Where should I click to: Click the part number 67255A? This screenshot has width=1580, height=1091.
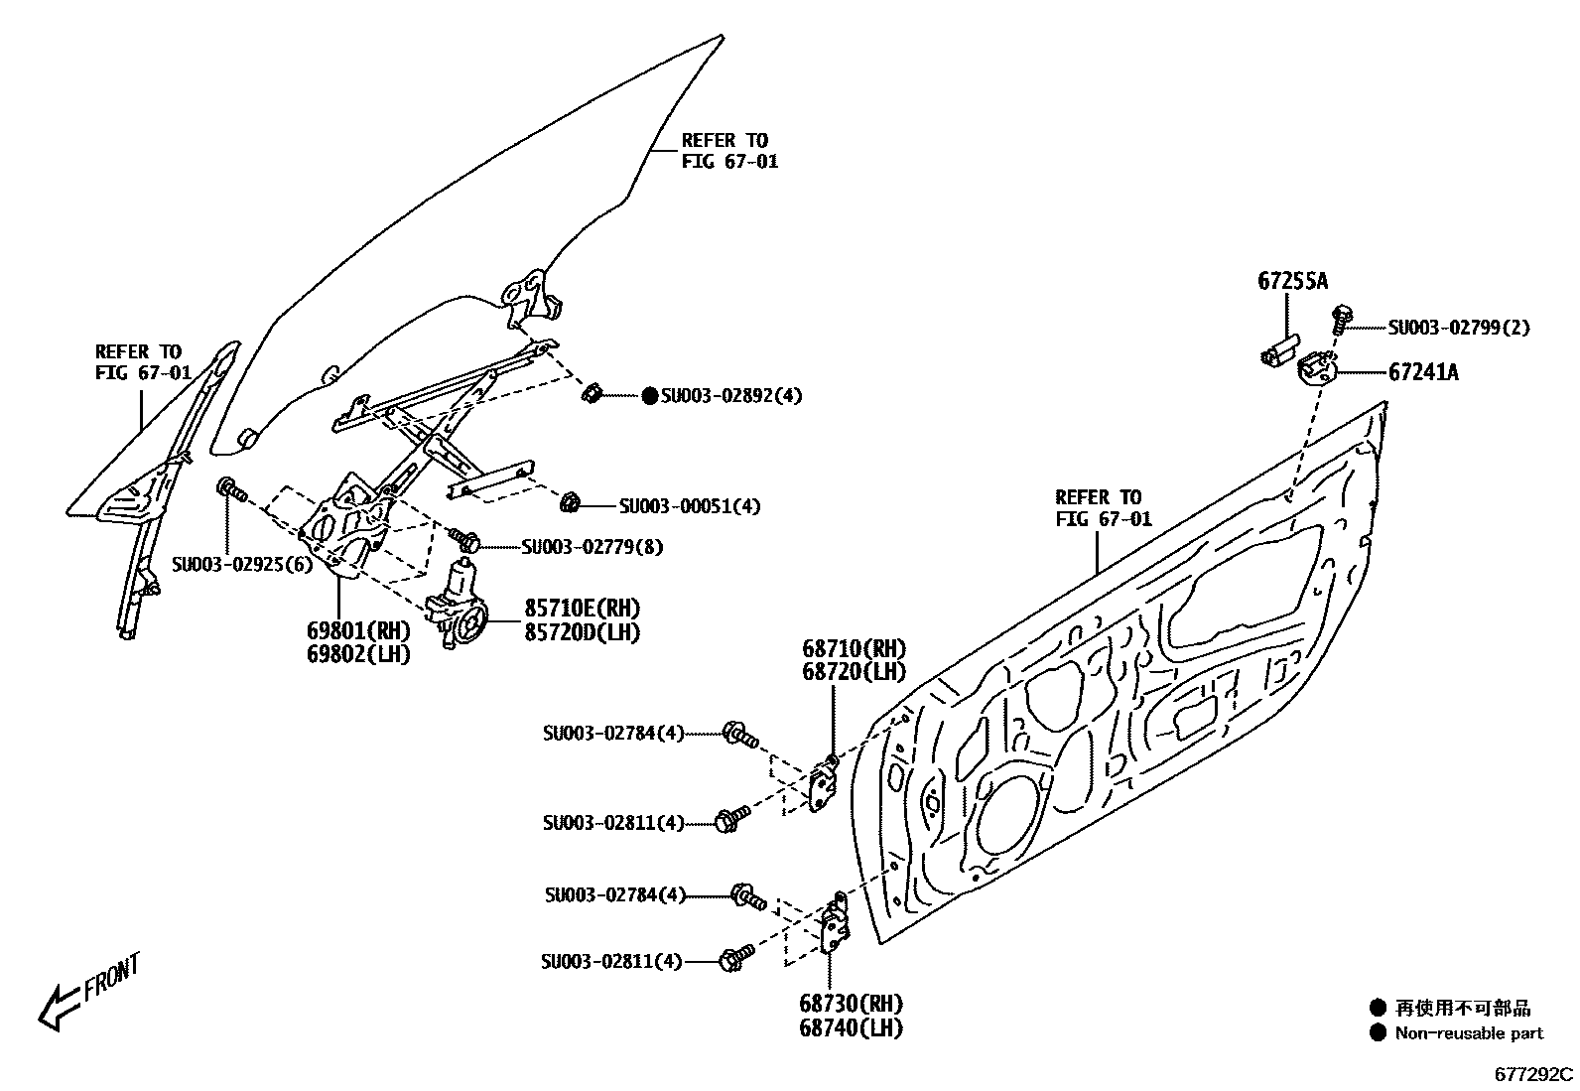(x=1292, y=281)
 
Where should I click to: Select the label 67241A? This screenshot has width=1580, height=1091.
(x=1423, y=372)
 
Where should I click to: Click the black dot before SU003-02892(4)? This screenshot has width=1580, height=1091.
(x=650, y=396)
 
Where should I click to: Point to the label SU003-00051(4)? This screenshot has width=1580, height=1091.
(x=690, y=506)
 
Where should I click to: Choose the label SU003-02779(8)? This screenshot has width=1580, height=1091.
(x=592, y=547)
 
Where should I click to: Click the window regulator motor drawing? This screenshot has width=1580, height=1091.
(x=459, y=604)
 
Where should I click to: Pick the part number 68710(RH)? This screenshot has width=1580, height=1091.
(x=855, y=649)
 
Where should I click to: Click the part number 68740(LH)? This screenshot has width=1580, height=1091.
(x=851, y=1027)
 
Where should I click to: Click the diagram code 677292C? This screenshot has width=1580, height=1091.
(x=1534, y=1075)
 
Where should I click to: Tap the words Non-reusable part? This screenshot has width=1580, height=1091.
(x=1469, y=1033)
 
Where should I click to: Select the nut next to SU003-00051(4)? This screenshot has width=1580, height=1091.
(x=571, y=503)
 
